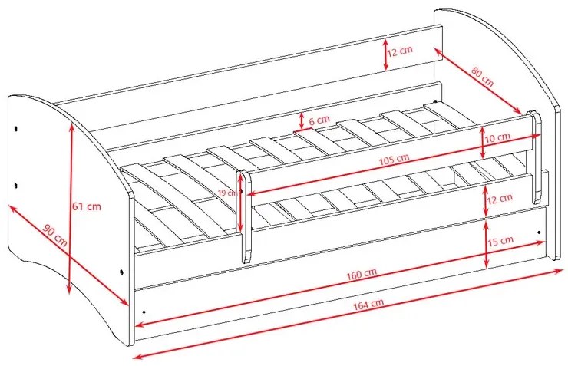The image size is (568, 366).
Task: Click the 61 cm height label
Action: [x=87, y=206]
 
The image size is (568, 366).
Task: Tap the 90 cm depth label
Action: [x=55, y=236]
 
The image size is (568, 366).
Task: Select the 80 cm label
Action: [x=483, y=77]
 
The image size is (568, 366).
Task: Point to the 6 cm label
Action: [x=319, y=120]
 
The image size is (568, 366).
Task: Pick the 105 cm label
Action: [x=394, y=160]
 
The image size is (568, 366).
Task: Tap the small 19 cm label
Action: [x=227, y=193]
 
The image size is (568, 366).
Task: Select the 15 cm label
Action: [x=501, y=241]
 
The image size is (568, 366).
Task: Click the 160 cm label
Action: [x=362, y=274]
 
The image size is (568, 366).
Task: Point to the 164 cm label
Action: [x=368, y=304]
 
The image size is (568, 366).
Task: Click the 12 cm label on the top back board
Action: [x=400, y=51]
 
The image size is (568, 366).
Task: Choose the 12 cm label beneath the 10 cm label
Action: [x=500, y=199]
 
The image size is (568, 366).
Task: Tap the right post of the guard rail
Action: [x=535, y=157]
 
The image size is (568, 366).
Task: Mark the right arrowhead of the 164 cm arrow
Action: [x=560, y=270]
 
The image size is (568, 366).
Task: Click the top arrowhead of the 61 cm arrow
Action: [x=71, y=127]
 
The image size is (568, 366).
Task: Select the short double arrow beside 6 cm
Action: [x=302, y=121]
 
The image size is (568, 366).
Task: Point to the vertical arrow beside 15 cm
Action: [x=487, y=244]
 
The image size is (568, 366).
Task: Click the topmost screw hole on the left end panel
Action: [x=16, y=128]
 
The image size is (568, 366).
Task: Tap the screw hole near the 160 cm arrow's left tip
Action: [x=144, y=312]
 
